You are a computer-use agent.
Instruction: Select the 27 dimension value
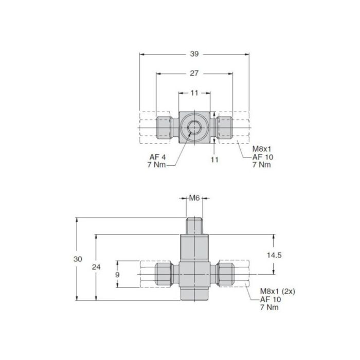[194, 73]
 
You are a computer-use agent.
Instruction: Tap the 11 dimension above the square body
[194, 93]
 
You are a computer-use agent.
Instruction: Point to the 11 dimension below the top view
[215, 159]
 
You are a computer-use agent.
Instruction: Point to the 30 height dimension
[78, 260]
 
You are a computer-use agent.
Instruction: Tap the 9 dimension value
[117, 275]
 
